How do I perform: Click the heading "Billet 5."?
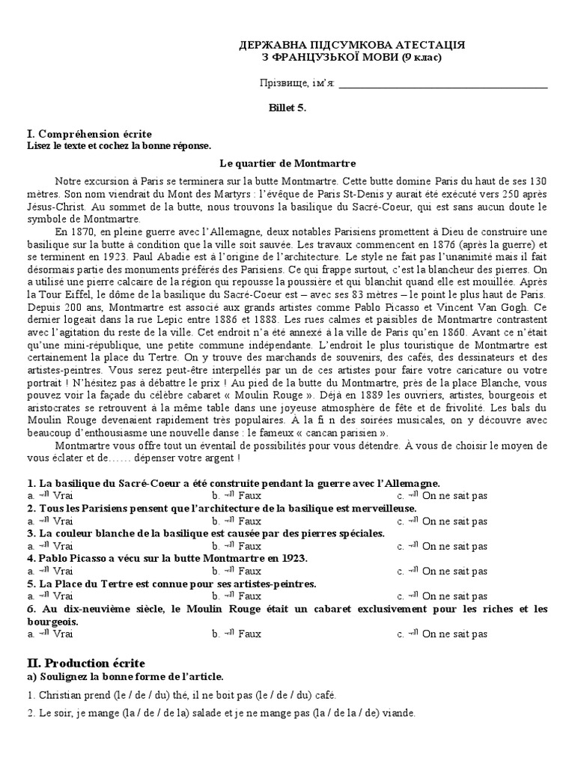pos(287,108)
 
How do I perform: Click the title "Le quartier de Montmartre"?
pos(287,163)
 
